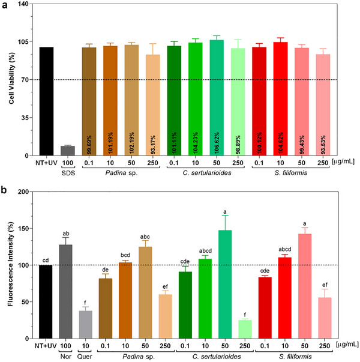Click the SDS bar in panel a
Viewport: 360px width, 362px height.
coord(68,150)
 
